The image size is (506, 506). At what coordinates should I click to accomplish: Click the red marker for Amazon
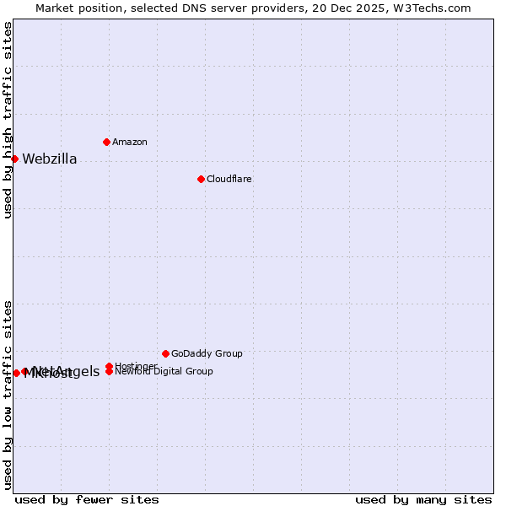[106, 142]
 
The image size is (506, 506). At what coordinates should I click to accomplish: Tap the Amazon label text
[130, 143]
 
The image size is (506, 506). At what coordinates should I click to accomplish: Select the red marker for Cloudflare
[201, 179]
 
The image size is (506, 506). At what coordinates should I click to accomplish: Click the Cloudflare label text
[229, 180]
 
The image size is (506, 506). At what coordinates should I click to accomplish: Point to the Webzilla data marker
[14, 159]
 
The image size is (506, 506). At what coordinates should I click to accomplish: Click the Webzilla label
[50, 159]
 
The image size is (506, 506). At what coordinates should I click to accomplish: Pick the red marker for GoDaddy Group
[165, 353]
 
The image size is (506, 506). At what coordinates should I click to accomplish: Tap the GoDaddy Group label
[207, 354]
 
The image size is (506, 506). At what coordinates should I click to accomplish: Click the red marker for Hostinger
[109, 366]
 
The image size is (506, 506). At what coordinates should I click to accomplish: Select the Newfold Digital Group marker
[109, 372]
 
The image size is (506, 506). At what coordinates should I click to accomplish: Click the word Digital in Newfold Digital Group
[170, 372]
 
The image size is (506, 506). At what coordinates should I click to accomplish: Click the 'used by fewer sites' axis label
[87, 499]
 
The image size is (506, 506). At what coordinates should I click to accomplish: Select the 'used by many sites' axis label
[423, 499]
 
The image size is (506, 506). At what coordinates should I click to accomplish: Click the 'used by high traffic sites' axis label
[8, 120]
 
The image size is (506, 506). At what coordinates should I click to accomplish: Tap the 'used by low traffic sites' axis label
[8, 394]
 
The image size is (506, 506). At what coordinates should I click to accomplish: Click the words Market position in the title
[74, 8]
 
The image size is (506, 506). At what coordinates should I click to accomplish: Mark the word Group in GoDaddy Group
[228, 354]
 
